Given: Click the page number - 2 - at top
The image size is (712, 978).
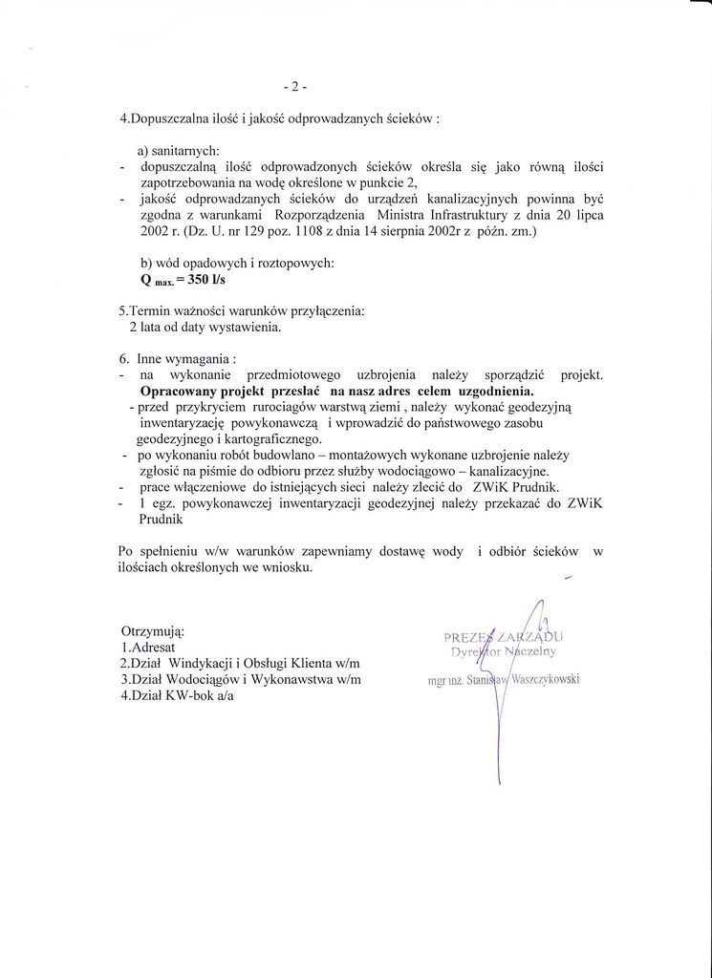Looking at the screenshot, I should [294, 87].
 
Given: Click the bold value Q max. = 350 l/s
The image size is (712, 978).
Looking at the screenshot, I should [183, 281].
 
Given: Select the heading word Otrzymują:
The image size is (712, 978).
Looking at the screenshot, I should [153, 631].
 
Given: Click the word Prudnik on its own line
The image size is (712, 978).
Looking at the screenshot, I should [161, 521].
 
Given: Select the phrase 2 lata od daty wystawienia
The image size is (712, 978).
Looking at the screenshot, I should [205, 327].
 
